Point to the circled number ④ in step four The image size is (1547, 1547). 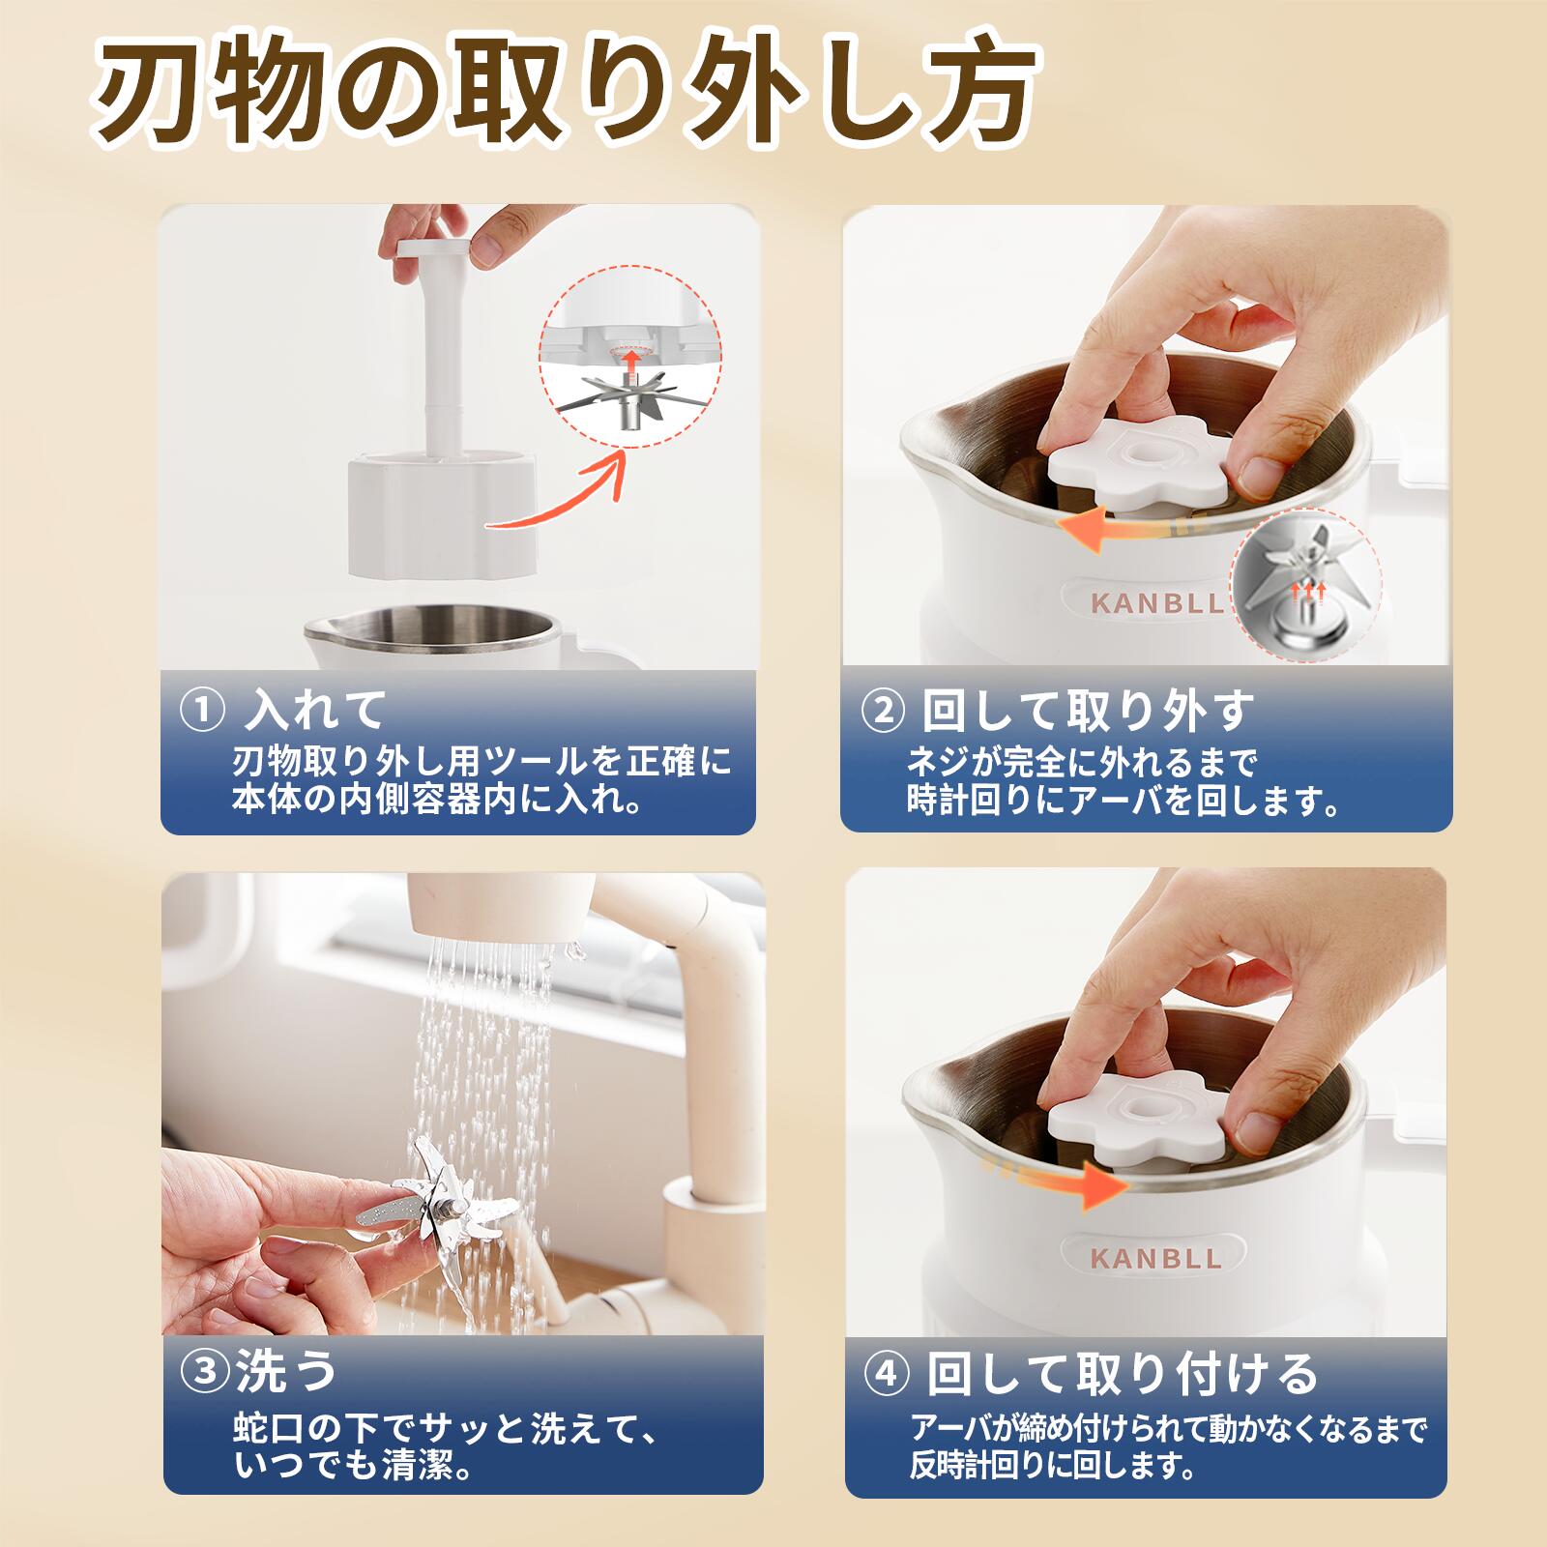pos(887,1375)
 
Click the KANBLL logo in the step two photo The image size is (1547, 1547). pos(1156,603)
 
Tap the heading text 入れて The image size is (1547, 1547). pos(314,711)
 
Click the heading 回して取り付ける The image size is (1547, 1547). pos(1122,1374)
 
